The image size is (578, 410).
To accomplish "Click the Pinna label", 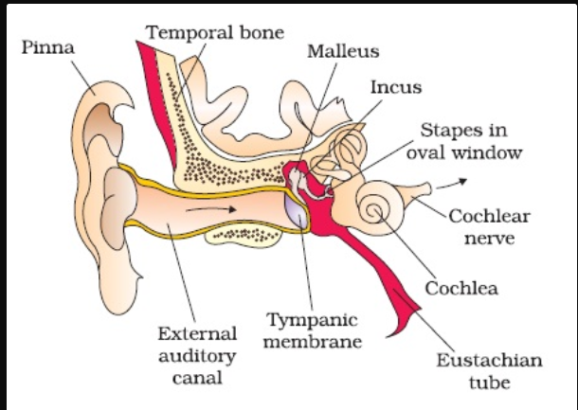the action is [48, 47].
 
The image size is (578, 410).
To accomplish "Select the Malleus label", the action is [343, 51].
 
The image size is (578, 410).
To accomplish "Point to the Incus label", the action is [396, 88].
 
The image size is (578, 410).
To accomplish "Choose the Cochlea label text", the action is [461, 288].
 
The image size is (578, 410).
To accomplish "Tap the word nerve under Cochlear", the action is [489, 239].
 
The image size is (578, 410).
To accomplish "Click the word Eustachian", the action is [490, 360].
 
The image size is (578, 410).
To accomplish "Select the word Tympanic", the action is [312, 320].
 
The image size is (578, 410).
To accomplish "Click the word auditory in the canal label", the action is [197, 357].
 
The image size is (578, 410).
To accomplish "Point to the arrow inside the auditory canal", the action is [211, 209].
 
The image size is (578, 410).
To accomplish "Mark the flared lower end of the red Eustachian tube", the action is [404, 318].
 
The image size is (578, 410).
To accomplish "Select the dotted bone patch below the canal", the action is [244, 235].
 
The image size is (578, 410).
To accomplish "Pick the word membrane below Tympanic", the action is [313, 342].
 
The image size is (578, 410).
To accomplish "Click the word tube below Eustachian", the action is [490, 383].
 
